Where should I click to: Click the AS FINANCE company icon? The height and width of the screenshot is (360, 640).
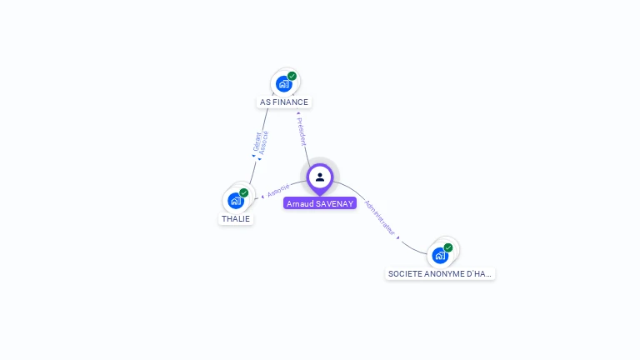click(283, 83)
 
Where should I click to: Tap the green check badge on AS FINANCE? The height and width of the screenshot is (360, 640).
click(292, 76)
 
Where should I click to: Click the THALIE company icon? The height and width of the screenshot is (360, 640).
click(236, 200)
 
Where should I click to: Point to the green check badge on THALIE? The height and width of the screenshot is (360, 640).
click(243, 192)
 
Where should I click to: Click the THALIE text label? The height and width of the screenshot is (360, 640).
click(235, 219)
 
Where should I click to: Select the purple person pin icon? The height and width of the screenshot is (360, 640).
click(319, 177)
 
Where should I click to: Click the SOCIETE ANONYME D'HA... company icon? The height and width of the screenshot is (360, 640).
click(440, 255)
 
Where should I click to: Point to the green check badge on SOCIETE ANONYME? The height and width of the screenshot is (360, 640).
click(447, 247)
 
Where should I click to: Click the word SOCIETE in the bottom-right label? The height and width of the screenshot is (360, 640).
click(404, 273)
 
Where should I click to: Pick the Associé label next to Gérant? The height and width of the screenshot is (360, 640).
click(265, 142)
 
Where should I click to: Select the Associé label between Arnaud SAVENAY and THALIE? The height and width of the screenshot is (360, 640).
click(278, 190)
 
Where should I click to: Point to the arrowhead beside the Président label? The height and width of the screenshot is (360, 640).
click(297, 113)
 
